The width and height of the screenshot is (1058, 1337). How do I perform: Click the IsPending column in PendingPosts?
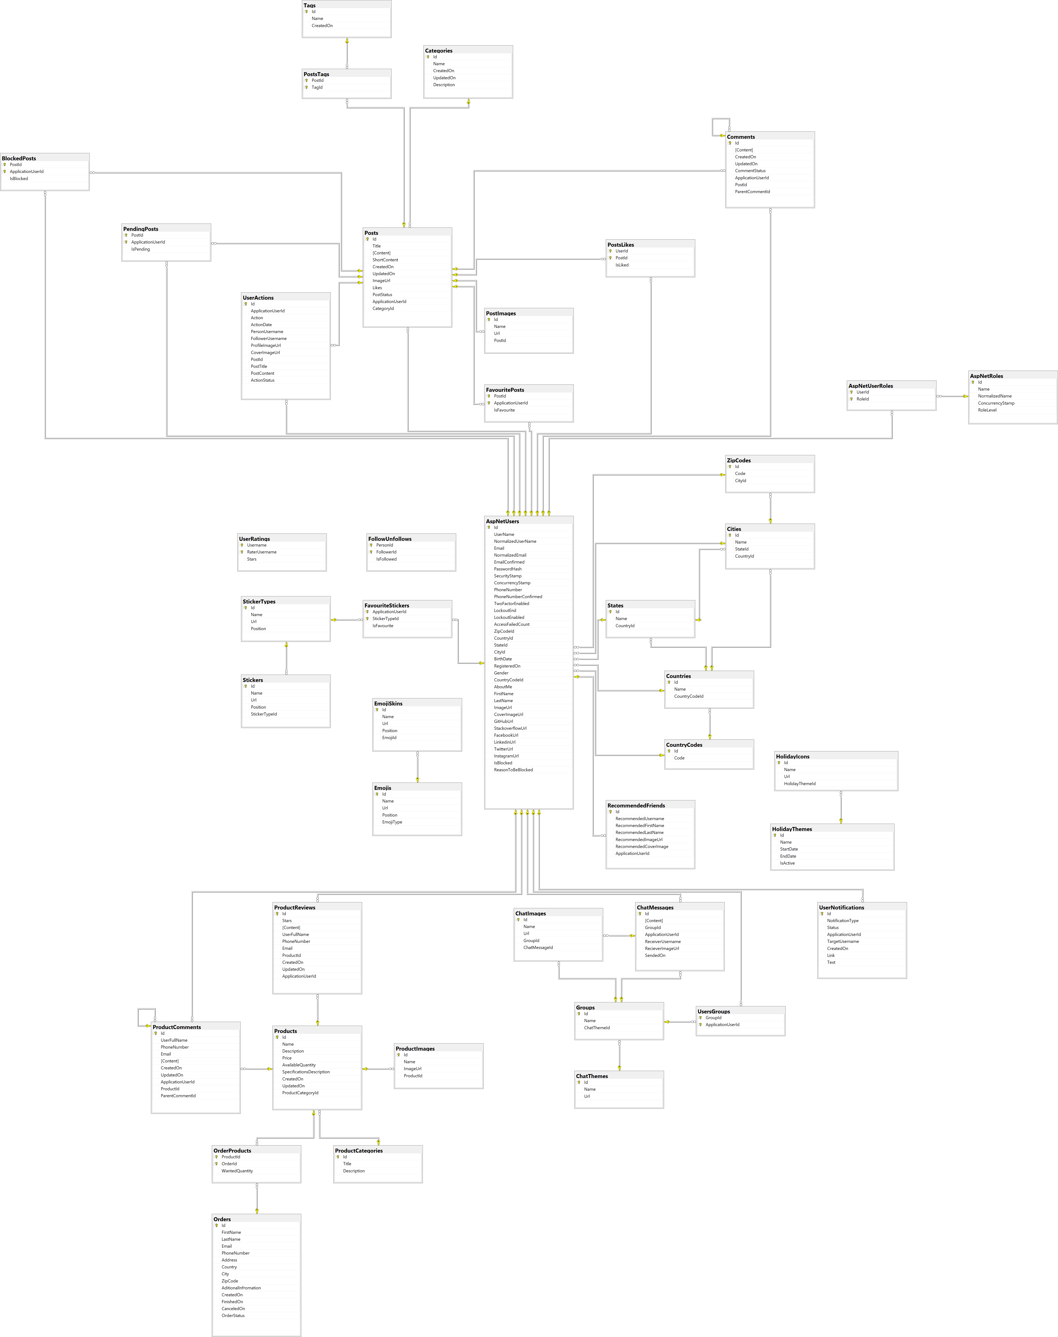click(x=141, y=249)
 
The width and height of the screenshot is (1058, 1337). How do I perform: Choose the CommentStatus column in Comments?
click(x=750, y=171)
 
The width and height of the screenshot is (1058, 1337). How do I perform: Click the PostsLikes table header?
click(x=621, y=245)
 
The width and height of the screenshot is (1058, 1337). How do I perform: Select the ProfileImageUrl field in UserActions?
click(x=266, y=346)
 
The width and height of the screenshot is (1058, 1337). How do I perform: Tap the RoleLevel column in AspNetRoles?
click(x=987, y=410)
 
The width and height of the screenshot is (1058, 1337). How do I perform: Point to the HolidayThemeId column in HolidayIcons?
click(x=800, y=784)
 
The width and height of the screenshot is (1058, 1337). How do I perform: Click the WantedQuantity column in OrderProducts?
click(x=237, y=1171)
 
